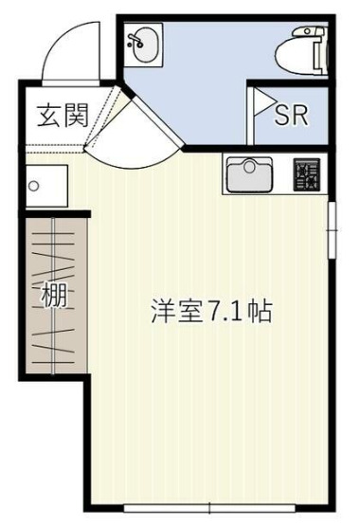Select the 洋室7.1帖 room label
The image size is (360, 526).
pyautogui.click(x=212, y=311)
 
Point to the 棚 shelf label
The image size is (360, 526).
pyautogui.click(x=54, y=296)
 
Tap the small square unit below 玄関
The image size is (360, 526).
pyautogui.click(x=45, y=185)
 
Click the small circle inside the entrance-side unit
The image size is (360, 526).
pyautogui.click(x=33, y=186)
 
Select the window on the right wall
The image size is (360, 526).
pyautogui.click(x=332, y=227)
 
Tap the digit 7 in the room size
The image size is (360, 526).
pyautogui.click(x=217, y=311)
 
